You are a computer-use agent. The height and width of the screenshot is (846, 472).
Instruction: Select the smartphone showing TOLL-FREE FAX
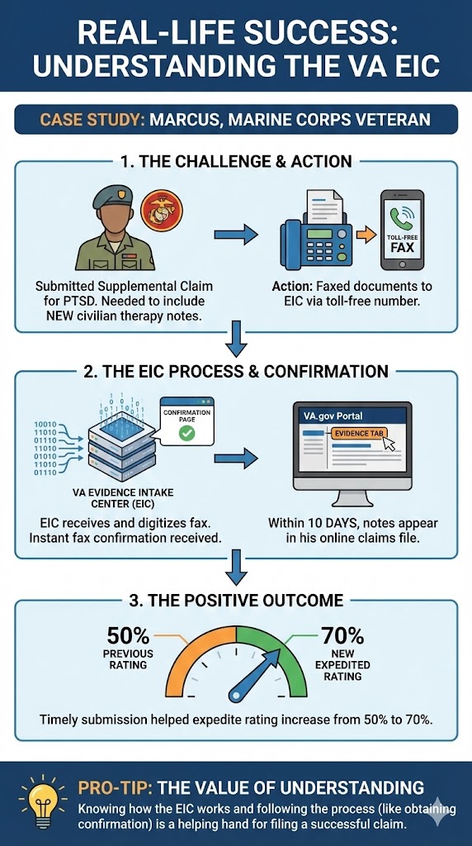402,231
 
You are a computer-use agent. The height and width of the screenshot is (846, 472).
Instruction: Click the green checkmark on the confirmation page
187,433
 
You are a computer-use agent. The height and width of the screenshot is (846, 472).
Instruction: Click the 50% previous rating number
128,636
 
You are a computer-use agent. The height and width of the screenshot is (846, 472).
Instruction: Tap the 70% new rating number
342,636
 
